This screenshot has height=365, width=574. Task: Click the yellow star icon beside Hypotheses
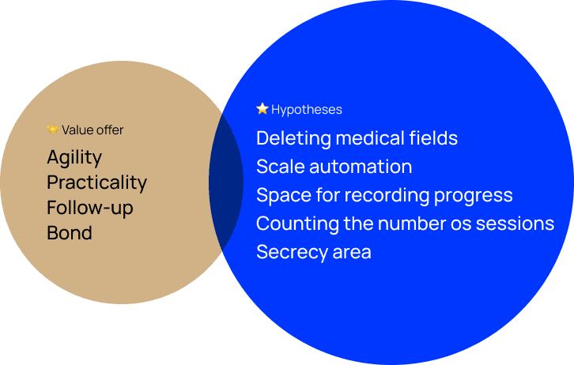click(262, 108)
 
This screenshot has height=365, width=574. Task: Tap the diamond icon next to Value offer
click(52, 130)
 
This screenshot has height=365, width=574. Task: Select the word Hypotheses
click(307, 110)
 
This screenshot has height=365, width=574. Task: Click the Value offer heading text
click(93, 130)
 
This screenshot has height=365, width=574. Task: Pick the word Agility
click(74, 158)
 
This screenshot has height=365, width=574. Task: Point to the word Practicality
click(97, 182)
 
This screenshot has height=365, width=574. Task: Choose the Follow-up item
click(90, 208)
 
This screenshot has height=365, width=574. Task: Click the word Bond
click(70, 233)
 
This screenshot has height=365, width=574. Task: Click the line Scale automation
click(334, 167)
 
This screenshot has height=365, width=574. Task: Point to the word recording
click(387, 196)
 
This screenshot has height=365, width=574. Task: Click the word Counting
click(297, 224)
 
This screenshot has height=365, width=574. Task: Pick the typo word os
click(461, 224)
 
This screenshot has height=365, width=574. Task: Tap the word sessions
click(515, 224)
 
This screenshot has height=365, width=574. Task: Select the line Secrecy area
click(314, 252)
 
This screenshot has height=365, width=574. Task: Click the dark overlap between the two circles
click(226, 182)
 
